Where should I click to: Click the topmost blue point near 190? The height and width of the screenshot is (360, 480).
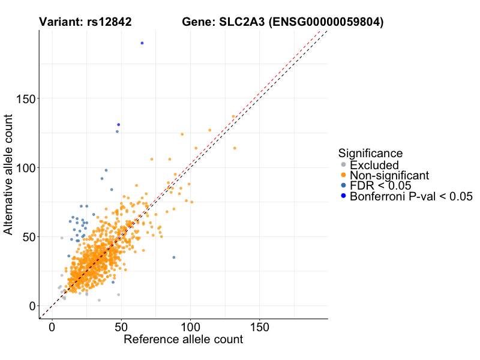pos(142,43)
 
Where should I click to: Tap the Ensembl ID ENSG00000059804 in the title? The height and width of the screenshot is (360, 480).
pos(326,22)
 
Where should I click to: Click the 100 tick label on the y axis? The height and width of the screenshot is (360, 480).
pos(25,167)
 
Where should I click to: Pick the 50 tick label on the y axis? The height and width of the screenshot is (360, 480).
pos(28,236)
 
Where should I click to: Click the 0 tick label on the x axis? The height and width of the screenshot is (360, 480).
pos(52,329)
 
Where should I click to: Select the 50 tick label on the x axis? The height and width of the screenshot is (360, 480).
pos(121,329)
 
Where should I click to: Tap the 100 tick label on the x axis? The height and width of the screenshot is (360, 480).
pos(190,329)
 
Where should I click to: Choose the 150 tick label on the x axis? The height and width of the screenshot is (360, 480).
pos(259,329)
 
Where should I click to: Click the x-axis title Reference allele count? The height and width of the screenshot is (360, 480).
pos(183,340)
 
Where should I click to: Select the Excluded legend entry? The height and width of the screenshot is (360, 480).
pos(374,165)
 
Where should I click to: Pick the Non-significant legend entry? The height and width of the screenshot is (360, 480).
pos(389,175)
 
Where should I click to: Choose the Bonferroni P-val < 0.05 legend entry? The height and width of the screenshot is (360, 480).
pos(411,196)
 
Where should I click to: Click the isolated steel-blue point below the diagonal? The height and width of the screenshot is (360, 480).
pos(174,257)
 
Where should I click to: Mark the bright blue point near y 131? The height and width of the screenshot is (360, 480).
pos(119,124)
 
